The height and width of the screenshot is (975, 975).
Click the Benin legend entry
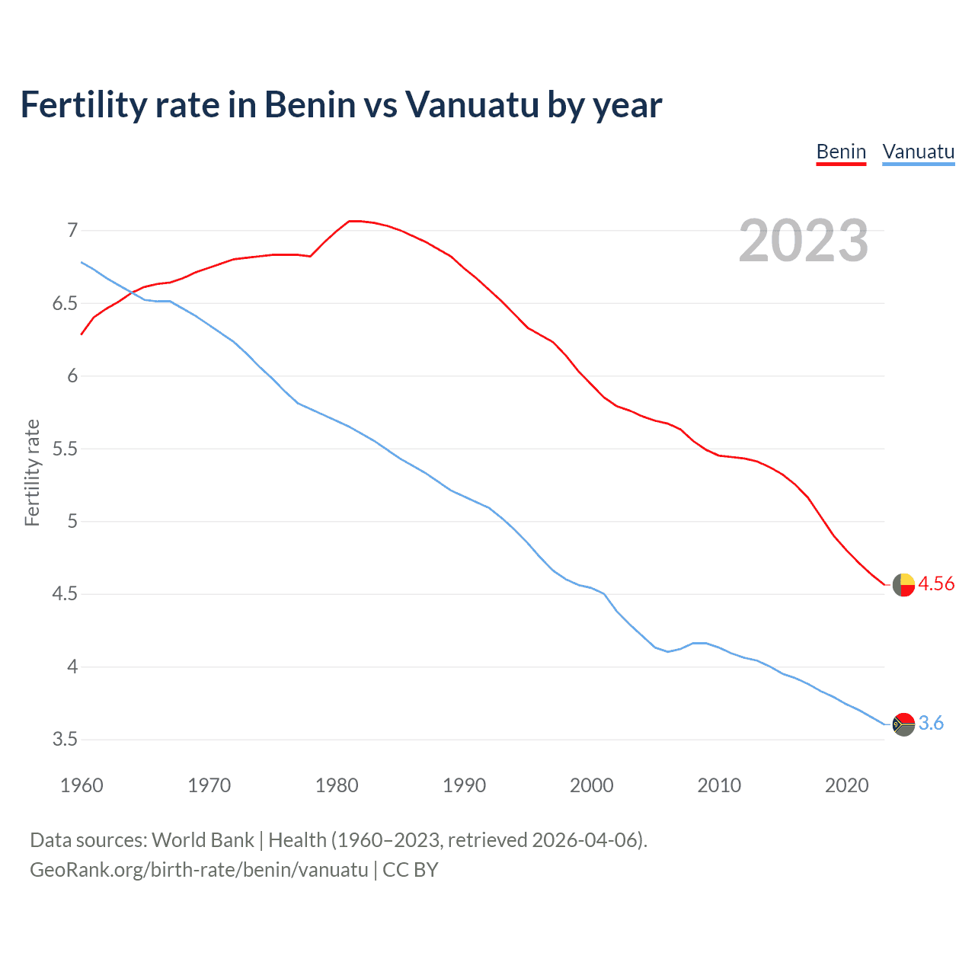(x=841, y=152)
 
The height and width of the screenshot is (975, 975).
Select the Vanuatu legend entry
(x=918, y=152)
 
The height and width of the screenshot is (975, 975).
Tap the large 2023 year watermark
(x=803, y=241)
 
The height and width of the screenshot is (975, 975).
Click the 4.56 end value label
(x=936, y=584)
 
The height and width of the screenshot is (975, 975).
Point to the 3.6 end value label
(x=931, y=724)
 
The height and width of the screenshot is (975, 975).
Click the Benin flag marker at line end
(x=903, y=585)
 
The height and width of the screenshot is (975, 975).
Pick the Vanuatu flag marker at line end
(x=903, y=724)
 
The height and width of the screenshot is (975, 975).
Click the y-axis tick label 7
(x=72, y=230)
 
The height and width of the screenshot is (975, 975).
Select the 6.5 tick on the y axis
(x=65, y=303)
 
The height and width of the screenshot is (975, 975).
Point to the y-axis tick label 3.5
(x=65, y=740)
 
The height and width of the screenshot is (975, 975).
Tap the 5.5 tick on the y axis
(x=65, y=449)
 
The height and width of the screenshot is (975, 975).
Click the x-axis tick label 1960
(x=82, y=785)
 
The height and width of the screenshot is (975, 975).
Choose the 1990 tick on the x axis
(x=464, y=785)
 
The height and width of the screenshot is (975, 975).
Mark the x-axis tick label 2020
(x=846, y=785)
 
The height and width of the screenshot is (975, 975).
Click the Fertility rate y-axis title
(x=32, y=472)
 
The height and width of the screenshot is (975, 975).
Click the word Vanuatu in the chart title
(x=472, y=104)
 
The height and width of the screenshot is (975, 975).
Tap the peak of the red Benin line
(x=353, y=221)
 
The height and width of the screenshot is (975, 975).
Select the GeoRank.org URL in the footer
(x=199, y=870)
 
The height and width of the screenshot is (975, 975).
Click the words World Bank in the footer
(x=203, y=840)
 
